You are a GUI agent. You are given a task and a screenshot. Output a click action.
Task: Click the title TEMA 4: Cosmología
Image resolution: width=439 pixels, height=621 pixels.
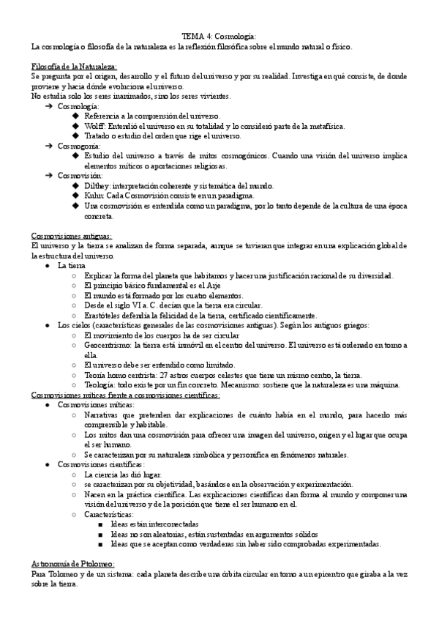point(219,36)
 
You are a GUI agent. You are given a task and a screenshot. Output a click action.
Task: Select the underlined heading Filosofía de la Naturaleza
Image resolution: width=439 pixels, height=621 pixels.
point(69,66)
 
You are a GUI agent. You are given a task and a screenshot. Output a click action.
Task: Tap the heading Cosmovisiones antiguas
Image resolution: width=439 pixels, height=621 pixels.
point(71,236)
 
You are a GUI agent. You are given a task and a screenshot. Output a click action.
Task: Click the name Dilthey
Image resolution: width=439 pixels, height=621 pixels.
point(100,185)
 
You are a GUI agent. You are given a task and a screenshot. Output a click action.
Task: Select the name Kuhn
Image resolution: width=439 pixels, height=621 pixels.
point(96,196)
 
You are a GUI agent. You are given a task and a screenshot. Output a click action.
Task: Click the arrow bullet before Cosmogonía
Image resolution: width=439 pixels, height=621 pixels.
point(49,146)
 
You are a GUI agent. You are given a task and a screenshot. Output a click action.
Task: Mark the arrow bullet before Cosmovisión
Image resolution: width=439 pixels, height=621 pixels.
point(49,176)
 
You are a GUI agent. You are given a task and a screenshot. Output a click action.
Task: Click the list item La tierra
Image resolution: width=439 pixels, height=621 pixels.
point(72,265)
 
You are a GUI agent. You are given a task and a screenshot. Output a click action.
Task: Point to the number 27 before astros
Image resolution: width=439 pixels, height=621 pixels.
point(165,374)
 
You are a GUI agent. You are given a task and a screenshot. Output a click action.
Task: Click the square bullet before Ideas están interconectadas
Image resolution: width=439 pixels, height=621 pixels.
point(100,525)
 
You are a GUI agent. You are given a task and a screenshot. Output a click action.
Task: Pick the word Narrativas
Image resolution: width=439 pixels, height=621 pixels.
point(107,414)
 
